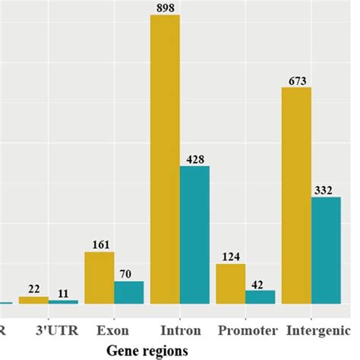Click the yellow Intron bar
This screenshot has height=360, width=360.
tap(165, 159)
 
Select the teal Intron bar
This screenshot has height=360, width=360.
tap(194, 235)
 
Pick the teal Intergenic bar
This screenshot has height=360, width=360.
tap(326, 251)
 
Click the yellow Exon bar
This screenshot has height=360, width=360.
tap(99, 278)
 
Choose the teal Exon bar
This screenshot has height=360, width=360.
tap(128, 292)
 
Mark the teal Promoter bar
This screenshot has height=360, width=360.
tap(260, 297)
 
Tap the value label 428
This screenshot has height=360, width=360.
tap(194, 159)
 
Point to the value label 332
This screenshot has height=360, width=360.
tap(326, 191)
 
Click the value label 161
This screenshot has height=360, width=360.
tap(99, 245)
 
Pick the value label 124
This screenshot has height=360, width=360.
tap(230, 257)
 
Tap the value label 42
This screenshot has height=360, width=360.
tap(260, 284)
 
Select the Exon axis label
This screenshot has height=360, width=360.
tap(113, 331)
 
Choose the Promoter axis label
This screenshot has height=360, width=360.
tap(245, 331)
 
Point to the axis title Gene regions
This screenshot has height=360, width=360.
tap(147, 350)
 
